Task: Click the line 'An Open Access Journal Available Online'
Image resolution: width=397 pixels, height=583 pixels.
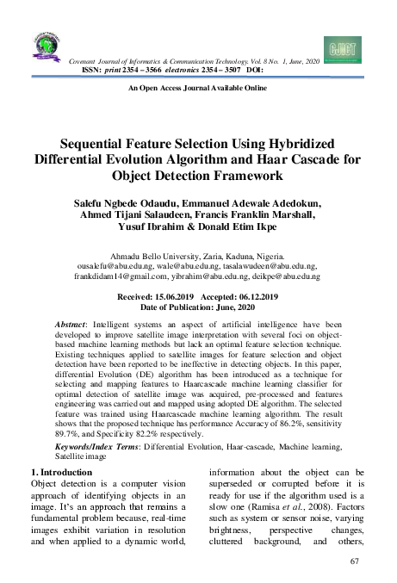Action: (197, 89)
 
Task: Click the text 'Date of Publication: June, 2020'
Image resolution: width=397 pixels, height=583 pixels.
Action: (198, 307)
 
